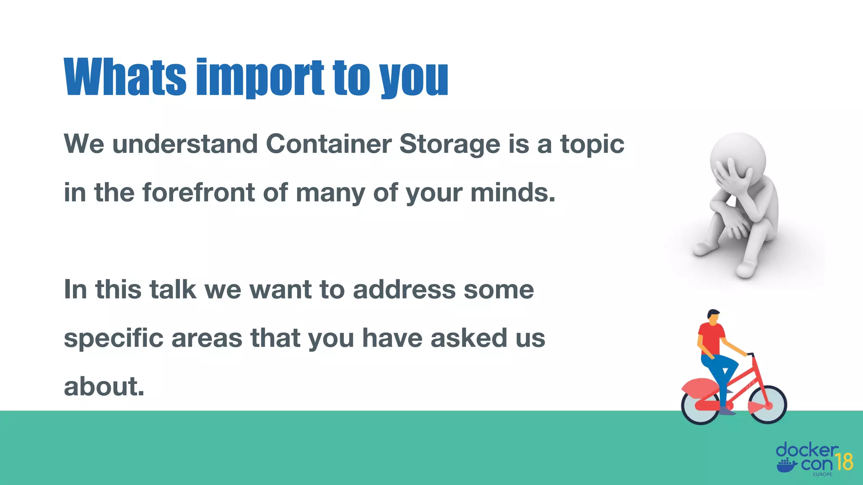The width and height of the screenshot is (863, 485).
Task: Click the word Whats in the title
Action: coord(125,77)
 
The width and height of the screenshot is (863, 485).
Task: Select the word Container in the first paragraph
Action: coord(328,144)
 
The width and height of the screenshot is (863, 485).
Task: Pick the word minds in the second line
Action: coord(512,193)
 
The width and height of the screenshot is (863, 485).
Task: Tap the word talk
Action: coord(173,290)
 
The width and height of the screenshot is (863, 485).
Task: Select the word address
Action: coord(404,290)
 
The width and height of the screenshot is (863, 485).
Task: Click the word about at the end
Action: coord(104,386)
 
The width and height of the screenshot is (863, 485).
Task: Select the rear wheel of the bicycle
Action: coord(700,405)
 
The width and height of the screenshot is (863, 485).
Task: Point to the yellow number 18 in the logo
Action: coord(844,462)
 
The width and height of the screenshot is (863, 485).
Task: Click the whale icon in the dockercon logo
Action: coord(786,465)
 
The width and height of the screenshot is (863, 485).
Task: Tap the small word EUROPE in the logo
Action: coord(822,474)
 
